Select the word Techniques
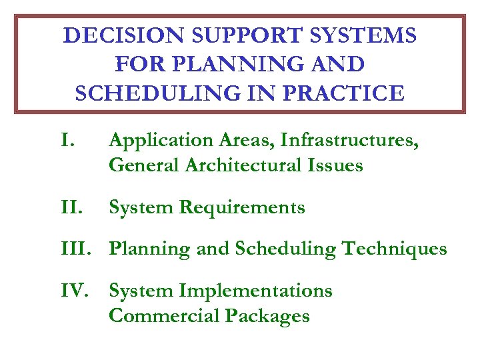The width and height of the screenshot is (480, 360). [395, 249]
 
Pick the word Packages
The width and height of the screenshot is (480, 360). [267, 315]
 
